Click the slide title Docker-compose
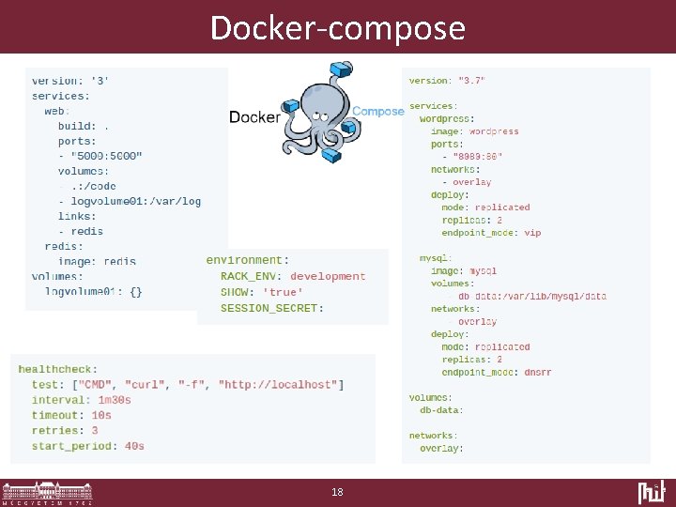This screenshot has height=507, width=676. (338, 27)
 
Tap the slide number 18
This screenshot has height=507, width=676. (338, 492)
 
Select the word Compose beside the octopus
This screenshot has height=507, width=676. (378, 111)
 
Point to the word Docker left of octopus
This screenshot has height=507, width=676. (254, 117)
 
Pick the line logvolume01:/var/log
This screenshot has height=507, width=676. (136, 201)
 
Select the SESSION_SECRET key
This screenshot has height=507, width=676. (270, 308)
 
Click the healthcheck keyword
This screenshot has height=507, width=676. (56, 369)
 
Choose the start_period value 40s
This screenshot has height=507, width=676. (134, 446)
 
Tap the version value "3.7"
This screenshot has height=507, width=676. (472, 81)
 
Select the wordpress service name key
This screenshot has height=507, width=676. (446, 119)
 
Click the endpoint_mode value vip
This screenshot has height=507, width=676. (532, 233)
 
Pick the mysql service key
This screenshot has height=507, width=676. (437, 258)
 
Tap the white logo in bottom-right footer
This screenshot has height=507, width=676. (652, 492)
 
